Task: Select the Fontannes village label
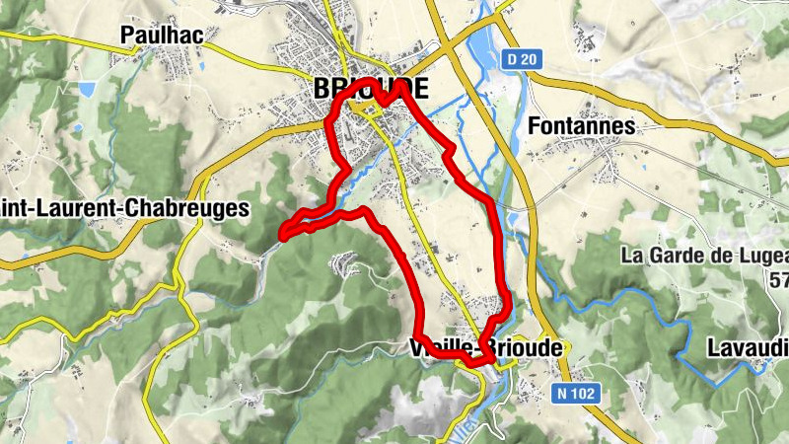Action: [581, 126]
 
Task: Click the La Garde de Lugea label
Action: [704, 256]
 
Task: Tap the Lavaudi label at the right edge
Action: [748, 348]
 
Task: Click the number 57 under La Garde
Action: [778, 280]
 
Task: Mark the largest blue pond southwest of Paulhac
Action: [88, 90]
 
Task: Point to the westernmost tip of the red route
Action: [283, 235]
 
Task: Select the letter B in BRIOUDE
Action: [322, 89]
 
